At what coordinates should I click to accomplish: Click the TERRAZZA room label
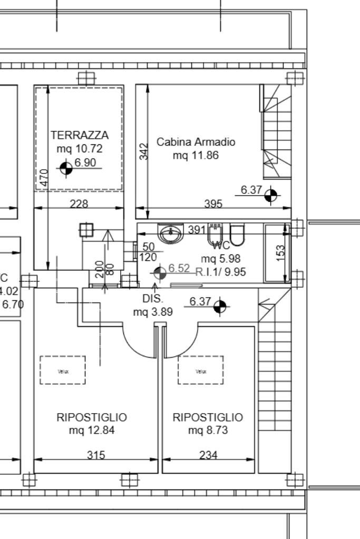click(x=80, y=135)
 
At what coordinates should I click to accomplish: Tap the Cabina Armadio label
click(x=196, y=142)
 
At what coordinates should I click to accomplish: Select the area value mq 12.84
click(x=92, y=430)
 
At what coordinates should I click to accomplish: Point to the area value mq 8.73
click(x=208, y=430)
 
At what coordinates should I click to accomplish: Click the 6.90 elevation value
click(x=85, y=163)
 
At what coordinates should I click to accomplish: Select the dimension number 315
click(x=95, y=455)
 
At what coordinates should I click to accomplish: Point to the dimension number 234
click(x=208, y=455)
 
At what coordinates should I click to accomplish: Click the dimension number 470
click(x=45, y=178)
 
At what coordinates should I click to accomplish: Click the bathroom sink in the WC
click(x=170, y=233)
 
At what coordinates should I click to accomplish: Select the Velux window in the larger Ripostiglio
click(x=63, y=370)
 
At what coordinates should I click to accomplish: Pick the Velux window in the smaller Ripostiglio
click(x=201, y=370)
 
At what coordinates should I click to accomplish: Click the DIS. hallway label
click(x=153, y=299)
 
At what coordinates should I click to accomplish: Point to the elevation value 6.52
click(x=179, y=269)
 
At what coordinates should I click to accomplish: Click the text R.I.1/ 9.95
click(x=220, y=272)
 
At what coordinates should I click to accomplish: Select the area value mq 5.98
click(x=221, y=259)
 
